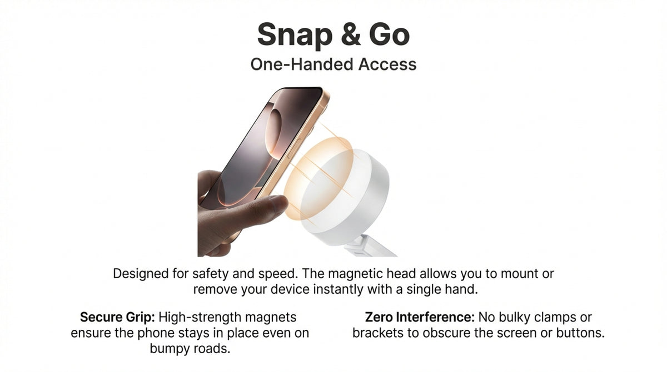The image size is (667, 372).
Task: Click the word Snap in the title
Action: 295,36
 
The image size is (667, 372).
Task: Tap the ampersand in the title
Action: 351,34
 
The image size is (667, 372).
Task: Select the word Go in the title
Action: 390,34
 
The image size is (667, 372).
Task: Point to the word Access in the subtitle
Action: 387,64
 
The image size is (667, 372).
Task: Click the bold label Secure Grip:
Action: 117,317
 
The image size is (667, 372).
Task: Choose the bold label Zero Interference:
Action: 420,317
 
